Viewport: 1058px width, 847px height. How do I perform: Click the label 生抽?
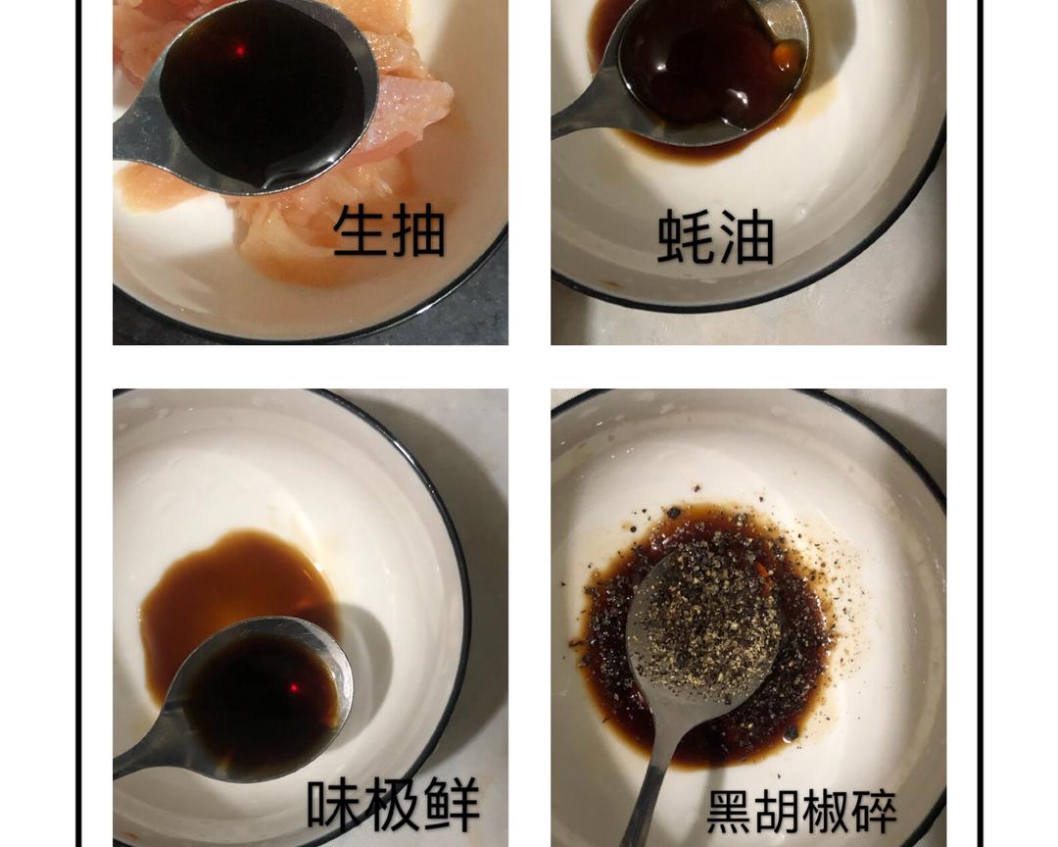389,231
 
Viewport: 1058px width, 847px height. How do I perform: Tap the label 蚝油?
715,237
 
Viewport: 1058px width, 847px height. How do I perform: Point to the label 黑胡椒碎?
801,811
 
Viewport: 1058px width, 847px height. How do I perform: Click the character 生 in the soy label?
360,231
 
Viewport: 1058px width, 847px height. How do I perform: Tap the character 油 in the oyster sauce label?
745,237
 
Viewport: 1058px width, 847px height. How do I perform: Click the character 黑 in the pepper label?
730,811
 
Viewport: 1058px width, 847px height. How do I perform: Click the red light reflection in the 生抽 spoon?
238,50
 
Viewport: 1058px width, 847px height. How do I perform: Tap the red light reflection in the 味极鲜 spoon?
293,688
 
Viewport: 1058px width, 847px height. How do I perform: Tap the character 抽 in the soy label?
418,231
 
